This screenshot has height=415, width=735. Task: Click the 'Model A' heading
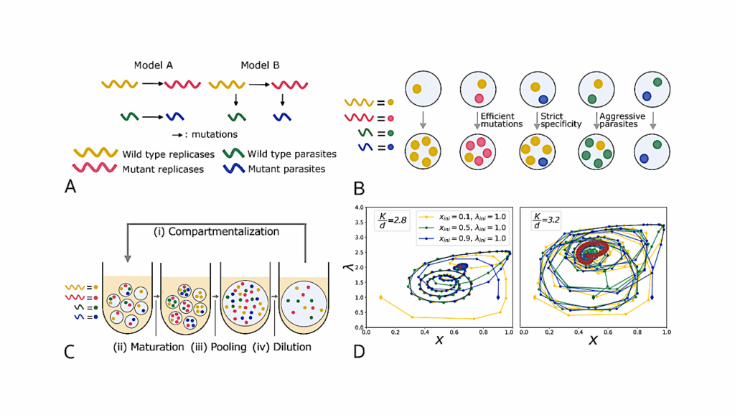pos(154,65)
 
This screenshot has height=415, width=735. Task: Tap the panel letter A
pos(70,187)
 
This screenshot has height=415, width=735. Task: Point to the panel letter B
pos(359,189)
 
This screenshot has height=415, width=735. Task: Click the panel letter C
pos(70,352)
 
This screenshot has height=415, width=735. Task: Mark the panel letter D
pos(359,352)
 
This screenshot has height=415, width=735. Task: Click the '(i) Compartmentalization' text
pos(215,232)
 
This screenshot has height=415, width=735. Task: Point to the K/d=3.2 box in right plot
pos(539,220)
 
